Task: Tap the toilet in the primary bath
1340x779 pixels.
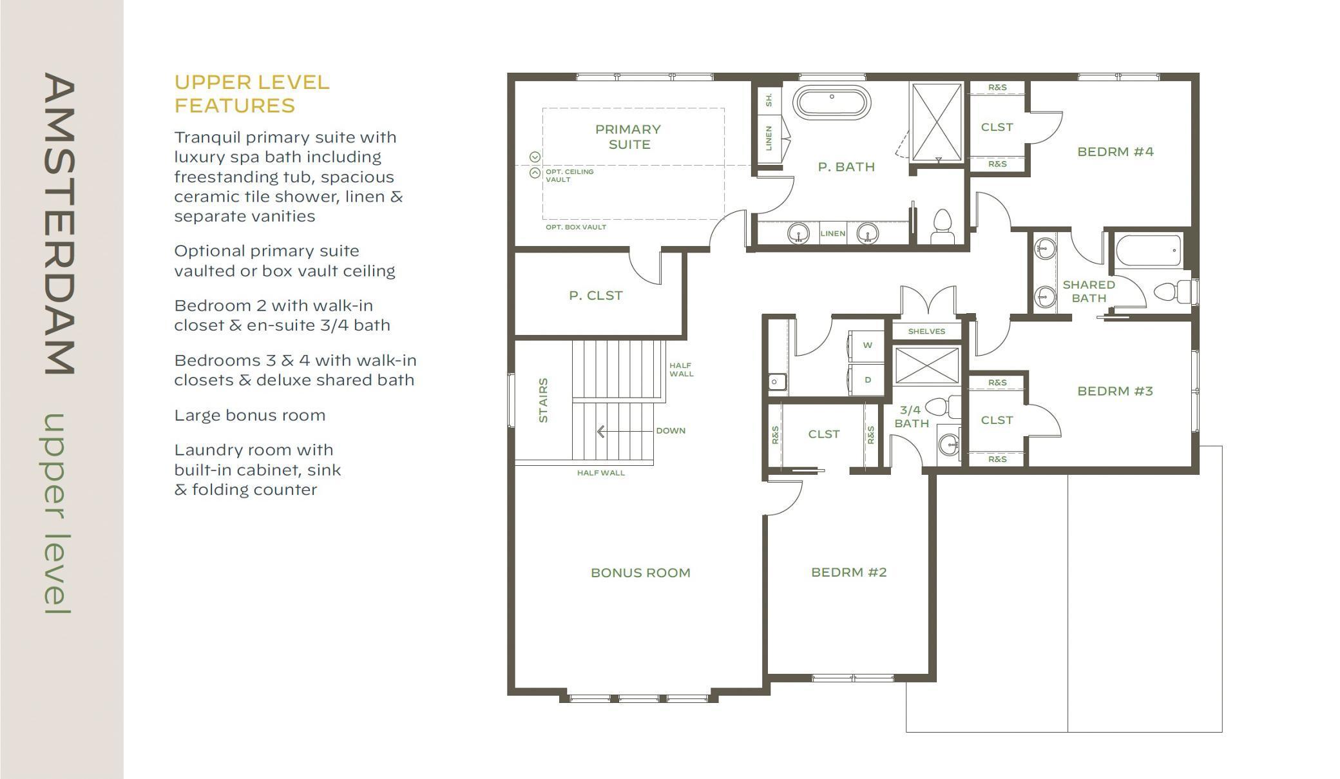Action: click(943, 226)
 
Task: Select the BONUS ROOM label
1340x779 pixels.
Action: click(640, 573)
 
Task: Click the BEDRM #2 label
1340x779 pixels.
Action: click(849, 572)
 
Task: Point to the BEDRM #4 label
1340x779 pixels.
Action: click(1115, 152)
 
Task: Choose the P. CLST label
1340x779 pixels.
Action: click(596, 296)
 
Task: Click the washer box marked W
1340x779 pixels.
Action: click(867, 346)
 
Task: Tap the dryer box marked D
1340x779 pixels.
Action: click(867, 380)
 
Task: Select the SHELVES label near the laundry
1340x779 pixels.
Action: click(926, 332)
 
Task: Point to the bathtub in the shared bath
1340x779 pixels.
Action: click(1149, 251)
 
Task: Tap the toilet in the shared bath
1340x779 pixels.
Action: click(1173, 292)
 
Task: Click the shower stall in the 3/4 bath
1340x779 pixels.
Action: click(926, 365)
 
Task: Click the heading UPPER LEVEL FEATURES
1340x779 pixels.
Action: click(252, 94)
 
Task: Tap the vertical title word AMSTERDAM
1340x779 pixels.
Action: click(59, 224)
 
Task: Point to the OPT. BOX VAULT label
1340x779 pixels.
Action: click(576, 227)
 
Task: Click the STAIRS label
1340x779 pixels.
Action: click(543, 400)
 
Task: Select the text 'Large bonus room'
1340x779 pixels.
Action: click(250, 416)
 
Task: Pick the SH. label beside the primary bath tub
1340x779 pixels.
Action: click(769, 99)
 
